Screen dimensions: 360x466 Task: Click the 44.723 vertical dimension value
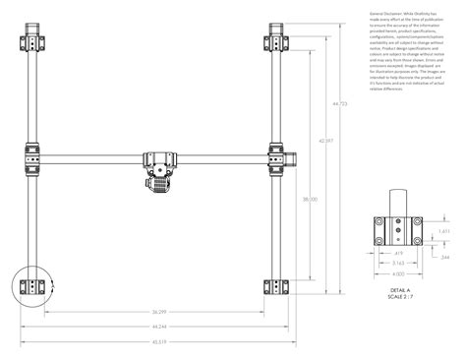click(340, 105)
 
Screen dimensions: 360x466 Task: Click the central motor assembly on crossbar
click(158, 168)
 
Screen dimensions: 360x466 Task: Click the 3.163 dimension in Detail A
click(398, 264)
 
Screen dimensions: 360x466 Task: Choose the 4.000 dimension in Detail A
click(398, 274)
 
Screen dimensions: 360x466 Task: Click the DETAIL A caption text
click(398, 292)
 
